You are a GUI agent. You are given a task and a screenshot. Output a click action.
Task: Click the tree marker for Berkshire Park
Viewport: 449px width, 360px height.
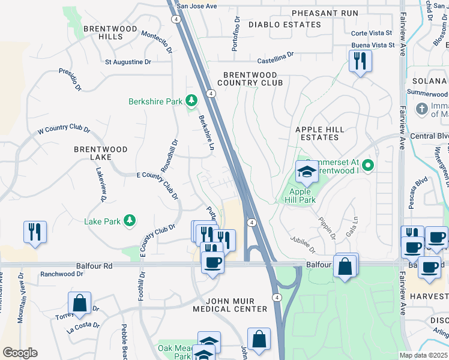click(x=191, y=101)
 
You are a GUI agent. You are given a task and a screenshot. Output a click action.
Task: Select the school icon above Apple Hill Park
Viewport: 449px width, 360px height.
click(x=307, y=172)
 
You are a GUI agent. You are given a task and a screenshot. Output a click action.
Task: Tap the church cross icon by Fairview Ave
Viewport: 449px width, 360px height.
click(x=423, y=109)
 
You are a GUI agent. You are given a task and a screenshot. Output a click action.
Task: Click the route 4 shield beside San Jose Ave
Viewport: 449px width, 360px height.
click(x=175, y=19)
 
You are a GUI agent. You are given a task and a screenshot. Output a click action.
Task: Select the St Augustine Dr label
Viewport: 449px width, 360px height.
click(x=128, y=62)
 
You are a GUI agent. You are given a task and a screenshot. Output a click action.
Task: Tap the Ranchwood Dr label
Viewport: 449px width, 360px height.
click(x=62, y=274)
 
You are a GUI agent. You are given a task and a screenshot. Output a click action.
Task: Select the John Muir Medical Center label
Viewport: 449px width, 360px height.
click(x=229, y=305)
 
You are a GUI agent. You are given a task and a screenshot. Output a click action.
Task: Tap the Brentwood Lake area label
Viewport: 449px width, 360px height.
click(x=101, y=153)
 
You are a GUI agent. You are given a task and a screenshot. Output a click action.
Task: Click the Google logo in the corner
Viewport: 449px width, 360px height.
click(x=20, y=353)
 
